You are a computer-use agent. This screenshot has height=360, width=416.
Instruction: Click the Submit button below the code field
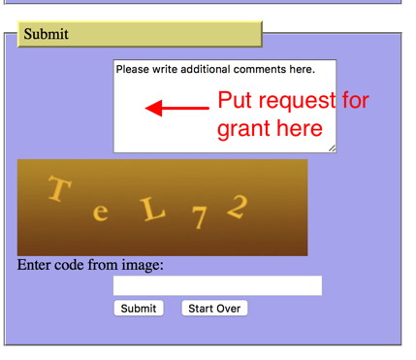click(139, 309)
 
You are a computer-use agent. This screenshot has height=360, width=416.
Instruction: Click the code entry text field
click(217, 285)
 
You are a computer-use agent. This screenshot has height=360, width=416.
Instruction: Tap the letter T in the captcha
click(58, 189)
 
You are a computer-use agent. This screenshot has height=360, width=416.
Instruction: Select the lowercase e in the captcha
click(100, 213)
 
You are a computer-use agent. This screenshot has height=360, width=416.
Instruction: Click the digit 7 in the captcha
click(199, 218)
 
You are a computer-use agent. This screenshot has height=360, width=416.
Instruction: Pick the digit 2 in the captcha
click(238, 207)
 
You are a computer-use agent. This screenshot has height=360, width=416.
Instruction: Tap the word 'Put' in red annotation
click(236, 101)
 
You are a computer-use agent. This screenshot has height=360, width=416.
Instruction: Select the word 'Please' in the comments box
click(134, 70)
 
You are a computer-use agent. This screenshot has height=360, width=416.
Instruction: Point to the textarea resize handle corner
click(332, 148)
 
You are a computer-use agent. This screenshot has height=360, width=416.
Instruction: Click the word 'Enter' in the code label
click(38, 265)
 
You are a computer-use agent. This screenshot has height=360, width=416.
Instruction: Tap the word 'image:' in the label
click(144, 265)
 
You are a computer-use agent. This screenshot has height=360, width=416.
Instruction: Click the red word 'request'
click(302, 101)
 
